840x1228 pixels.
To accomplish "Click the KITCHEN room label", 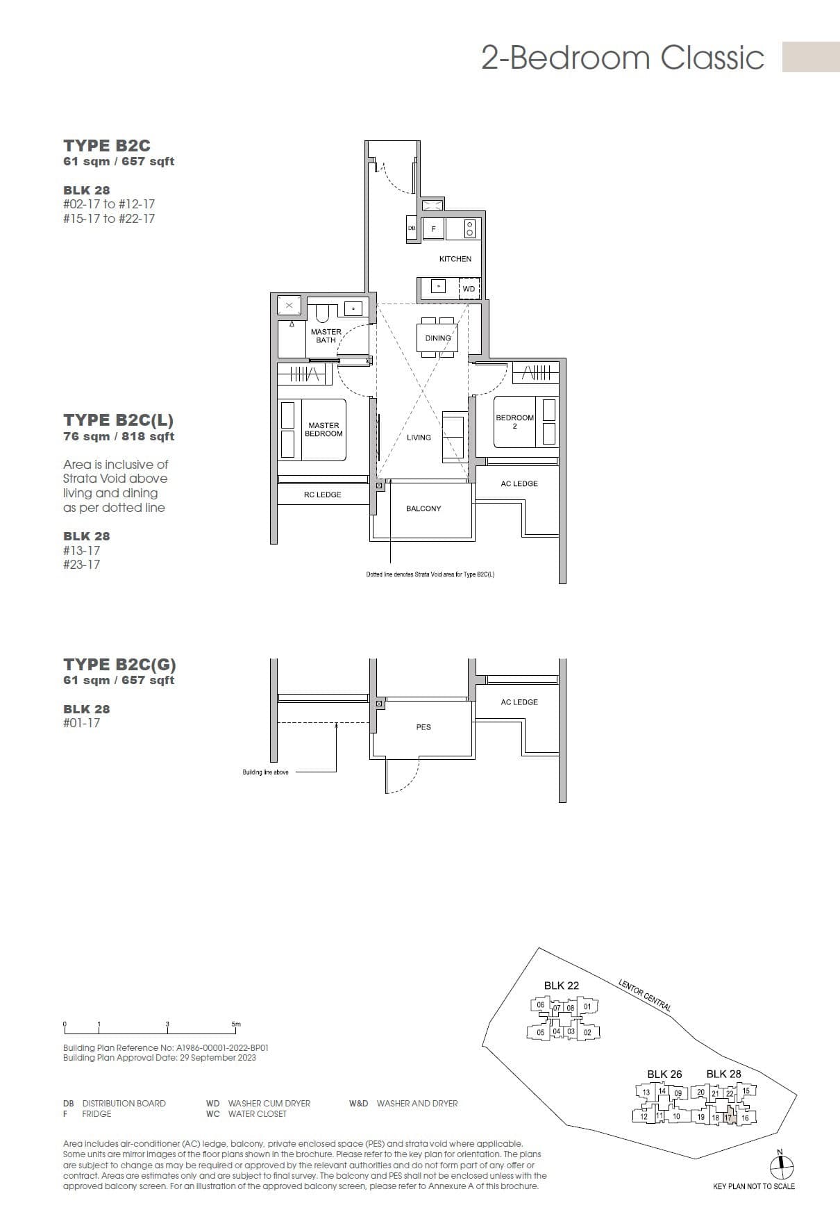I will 455,258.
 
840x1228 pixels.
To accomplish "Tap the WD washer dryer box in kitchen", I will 469,288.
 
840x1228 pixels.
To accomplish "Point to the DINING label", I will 438,338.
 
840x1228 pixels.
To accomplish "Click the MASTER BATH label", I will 326,336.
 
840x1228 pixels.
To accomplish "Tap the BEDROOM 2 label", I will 514,422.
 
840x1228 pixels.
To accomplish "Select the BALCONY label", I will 423,508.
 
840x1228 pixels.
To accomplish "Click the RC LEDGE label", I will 322,495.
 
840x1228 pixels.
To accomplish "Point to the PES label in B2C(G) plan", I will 423,727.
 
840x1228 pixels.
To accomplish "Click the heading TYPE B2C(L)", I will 118,420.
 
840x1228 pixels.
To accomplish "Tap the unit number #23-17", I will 81,565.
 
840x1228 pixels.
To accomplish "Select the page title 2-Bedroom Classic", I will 623,58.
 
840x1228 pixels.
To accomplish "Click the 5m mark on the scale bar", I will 236,1024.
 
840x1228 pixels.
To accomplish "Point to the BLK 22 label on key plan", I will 561,985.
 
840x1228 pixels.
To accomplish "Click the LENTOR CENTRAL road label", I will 644,994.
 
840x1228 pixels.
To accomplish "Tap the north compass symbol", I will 782,1168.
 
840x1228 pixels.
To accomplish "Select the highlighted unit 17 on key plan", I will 728,1118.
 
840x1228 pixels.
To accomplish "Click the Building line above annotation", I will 265,772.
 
